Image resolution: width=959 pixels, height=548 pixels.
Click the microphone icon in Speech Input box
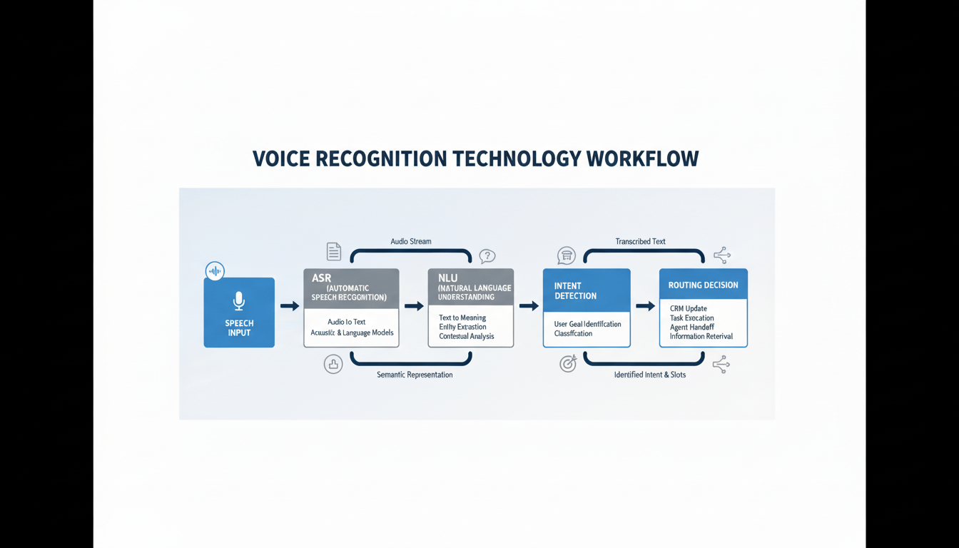(239, 300)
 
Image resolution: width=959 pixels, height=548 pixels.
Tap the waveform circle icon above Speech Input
(215, 271)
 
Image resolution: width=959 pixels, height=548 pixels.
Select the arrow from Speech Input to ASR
(289, 306)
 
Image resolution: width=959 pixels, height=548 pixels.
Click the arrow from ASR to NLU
(413, 306)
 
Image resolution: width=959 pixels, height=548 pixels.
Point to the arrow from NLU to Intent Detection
(528, 306)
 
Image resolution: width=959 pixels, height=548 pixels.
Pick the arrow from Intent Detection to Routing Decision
(645, 306)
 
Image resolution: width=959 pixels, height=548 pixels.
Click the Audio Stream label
(410, 241)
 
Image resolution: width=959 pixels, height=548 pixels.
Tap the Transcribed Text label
(640, 241)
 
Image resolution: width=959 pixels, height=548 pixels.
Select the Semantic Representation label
(415, 375)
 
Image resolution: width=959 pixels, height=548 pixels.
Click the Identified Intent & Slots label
(649, 375)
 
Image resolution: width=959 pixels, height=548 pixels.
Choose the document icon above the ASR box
(333, 251)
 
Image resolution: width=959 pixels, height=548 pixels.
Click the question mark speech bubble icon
(487, 256)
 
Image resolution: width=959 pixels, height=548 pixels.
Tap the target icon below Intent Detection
(568, 364)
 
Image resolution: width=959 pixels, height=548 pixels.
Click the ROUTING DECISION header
(703, 285)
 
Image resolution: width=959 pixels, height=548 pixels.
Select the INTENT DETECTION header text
(575, 290)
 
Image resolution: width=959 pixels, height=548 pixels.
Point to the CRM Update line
(688, 308)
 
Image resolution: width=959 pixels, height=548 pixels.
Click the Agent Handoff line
(691, 327)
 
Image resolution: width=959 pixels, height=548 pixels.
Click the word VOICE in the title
(281, 158)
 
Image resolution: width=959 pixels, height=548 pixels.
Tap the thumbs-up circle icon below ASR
(333, 364)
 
